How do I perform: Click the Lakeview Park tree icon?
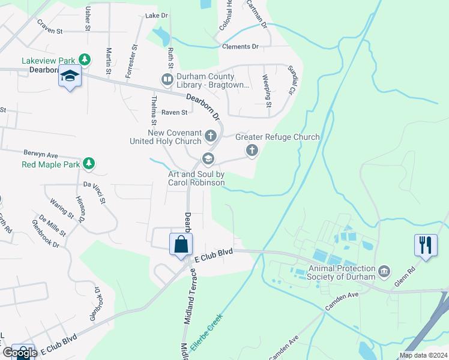[86, 60]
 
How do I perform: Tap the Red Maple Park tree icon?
[89, 163]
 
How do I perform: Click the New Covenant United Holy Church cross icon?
[210, 136]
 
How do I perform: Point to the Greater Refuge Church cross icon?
[252, 149]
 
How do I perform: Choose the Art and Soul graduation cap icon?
[208, 159]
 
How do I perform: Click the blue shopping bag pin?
[181, 245]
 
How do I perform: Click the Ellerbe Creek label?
[206, 332]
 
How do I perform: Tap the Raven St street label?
[175, 112]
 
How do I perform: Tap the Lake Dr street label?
[156, 15]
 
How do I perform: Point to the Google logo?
[19, 352]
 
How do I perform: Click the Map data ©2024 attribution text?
[423, 355]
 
